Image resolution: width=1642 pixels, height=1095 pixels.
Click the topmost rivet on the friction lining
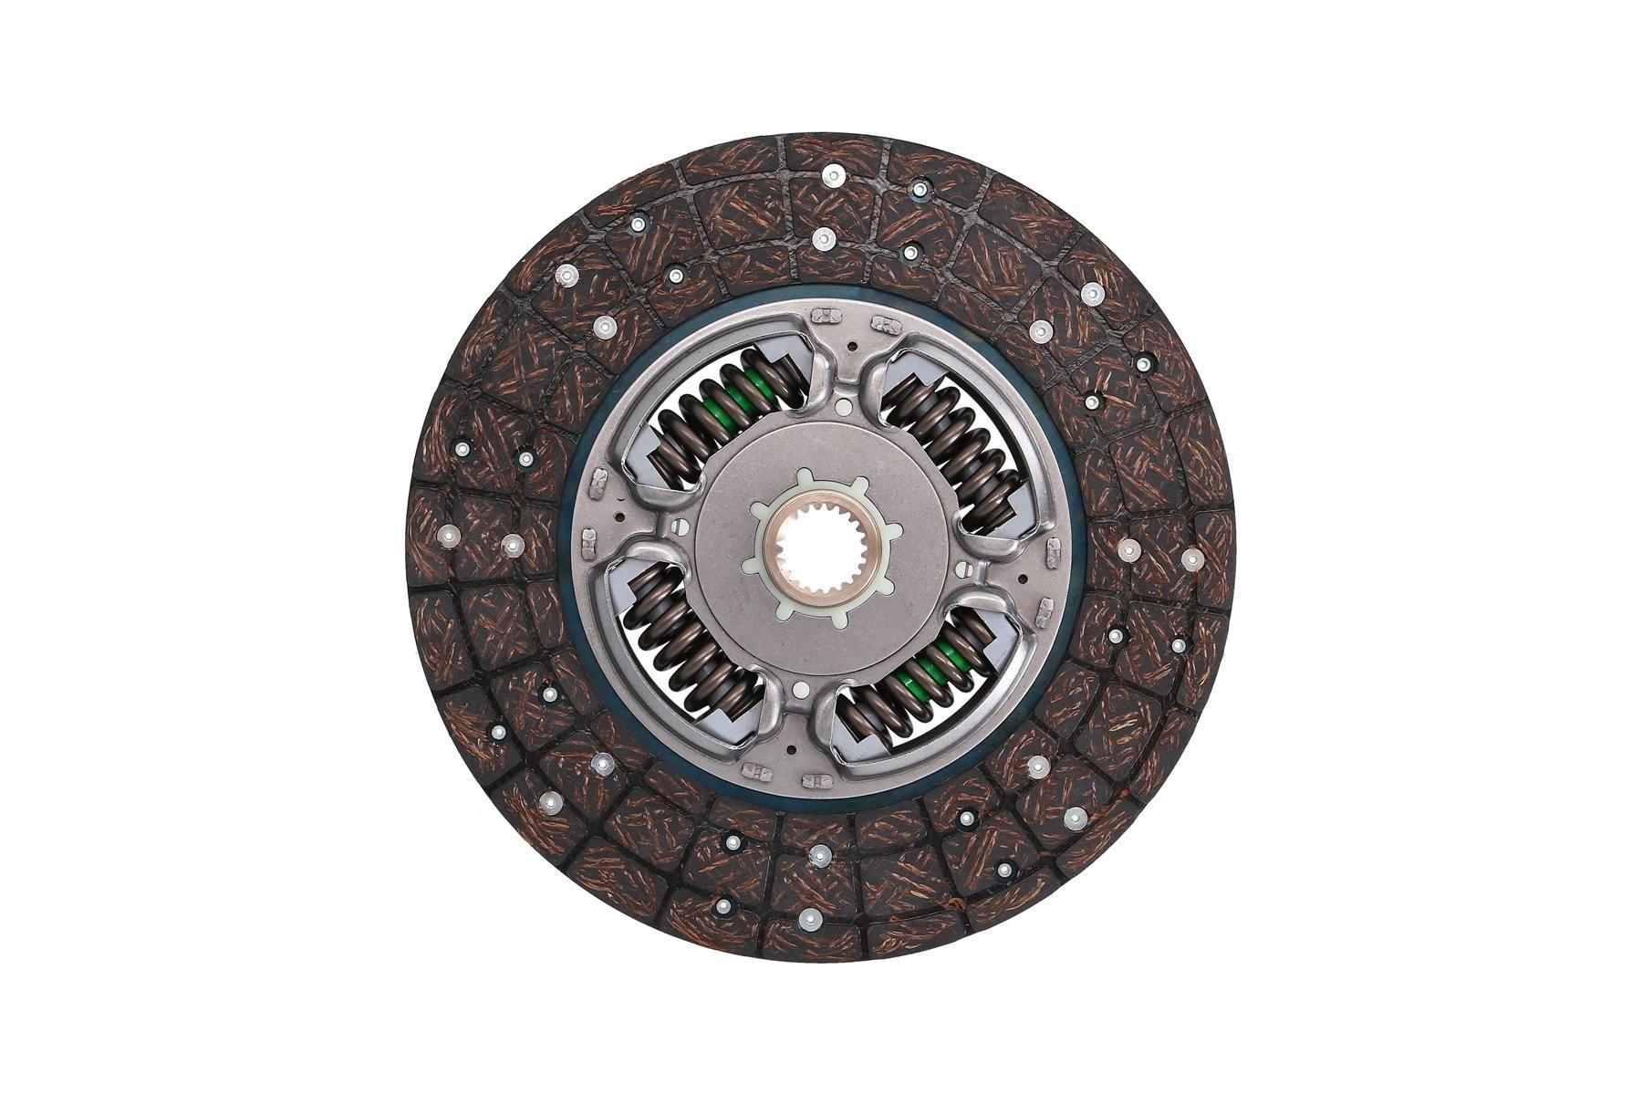832,174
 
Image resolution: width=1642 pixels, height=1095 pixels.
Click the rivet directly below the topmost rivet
823,239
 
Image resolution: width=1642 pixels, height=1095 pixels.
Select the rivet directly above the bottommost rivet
819,855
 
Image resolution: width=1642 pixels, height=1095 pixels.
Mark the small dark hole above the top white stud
851,348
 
